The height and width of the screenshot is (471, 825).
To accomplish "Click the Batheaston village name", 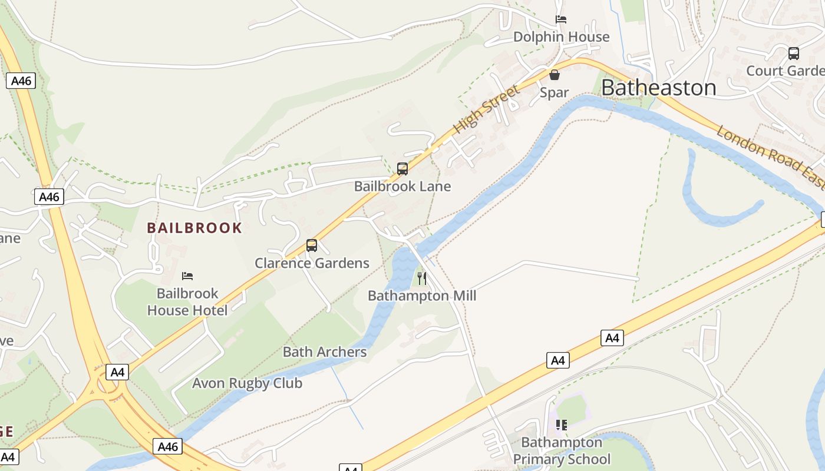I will pos(658,88).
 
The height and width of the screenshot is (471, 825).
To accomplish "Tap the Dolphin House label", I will pos(561,37).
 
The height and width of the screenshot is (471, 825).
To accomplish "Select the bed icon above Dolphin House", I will pos(561,19).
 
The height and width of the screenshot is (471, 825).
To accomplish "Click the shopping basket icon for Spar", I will pos(555,75).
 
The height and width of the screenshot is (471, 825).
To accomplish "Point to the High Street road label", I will pos(487,108).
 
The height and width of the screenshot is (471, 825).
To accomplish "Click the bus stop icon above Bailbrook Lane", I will pos(402,169).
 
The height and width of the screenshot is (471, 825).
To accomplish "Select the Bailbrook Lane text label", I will pos(402,187).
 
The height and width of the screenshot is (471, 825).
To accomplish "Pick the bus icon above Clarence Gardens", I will pos(312,246).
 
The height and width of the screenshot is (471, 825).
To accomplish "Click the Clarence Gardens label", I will pos(312,263).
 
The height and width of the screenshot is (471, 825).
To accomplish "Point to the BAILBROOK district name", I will pos(194,228).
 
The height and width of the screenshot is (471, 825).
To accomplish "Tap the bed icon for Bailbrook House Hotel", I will pos(187,276).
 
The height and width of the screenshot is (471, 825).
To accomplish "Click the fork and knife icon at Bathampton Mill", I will pos(422,278).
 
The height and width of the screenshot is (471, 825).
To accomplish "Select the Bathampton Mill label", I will pos(422,296).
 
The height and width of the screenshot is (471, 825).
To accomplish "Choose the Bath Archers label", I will pos(325,352).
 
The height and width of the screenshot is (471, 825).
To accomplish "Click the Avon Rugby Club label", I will pos(247,383).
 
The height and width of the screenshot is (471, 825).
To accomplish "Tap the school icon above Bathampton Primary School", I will pos(561,424).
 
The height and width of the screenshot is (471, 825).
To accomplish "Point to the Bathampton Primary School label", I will pos(561,451).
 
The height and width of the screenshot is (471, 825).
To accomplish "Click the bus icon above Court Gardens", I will pos(794,54).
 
